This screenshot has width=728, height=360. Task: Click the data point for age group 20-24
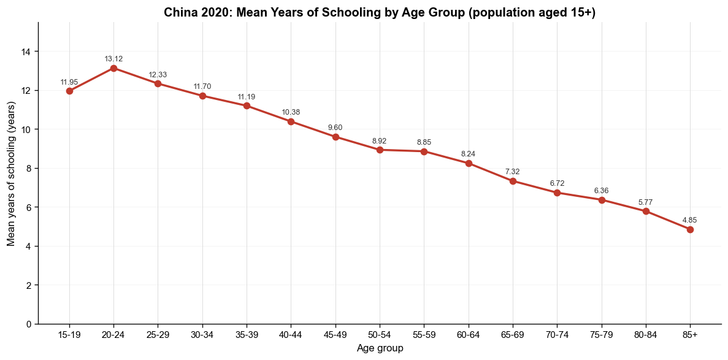point(113,68)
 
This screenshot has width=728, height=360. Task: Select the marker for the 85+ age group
point(691,229)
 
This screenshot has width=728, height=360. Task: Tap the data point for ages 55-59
point(424,151)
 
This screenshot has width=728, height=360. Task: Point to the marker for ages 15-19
point(69,91)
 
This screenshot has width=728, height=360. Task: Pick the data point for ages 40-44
point(291,121)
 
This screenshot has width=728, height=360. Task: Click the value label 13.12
point(113,59)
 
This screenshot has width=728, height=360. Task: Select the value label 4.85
point(691,220)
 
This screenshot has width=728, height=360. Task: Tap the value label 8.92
point(380,140)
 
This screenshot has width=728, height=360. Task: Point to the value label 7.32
point(513,172)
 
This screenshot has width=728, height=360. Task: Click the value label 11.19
point(247,97)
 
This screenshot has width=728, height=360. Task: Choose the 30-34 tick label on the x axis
point(202,334)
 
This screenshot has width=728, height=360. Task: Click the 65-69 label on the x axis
point(513,334)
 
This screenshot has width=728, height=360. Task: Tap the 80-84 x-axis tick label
point(646,334)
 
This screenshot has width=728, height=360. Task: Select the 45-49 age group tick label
point(335,334)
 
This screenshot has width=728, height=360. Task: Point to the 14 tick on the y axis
point(29,52)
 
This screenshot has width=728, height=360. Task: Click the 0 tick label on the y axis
point(31,324)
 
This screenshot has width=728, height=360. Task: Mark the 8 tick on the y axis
point(31,168)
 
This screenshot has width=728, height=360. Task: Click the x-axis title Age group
point(380,348)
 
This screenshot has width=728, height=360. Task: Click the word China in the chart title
point(178,13)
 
